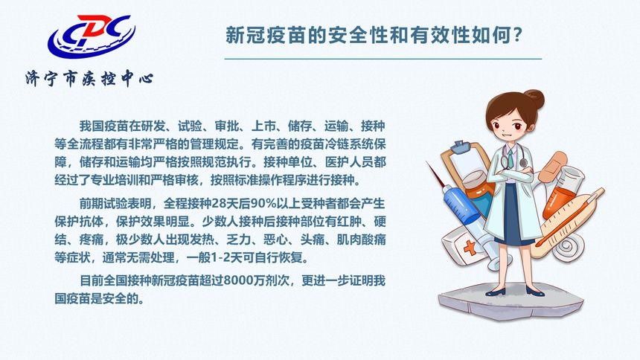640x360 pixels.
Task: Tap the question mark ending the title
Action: click(x=521, y=36)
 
